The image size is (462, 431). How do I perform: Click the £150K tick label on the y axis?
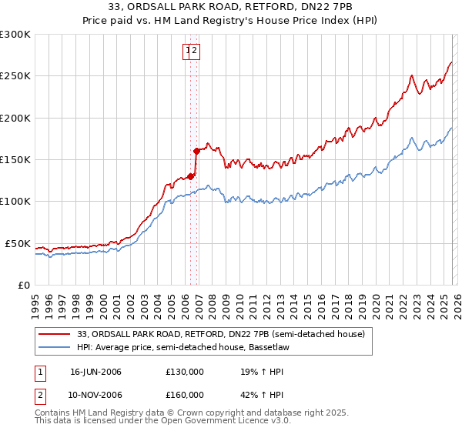pos(15,159)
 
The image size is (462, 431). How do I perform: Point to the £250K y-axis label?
pos(15,76)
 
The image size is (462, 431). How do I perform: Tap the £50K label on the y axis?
pos(17,243)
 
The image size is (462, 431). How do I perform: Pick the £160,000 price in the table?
pos(185,395)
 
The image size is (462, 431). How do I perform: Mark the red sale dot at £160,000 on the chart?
pos(197,151)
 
